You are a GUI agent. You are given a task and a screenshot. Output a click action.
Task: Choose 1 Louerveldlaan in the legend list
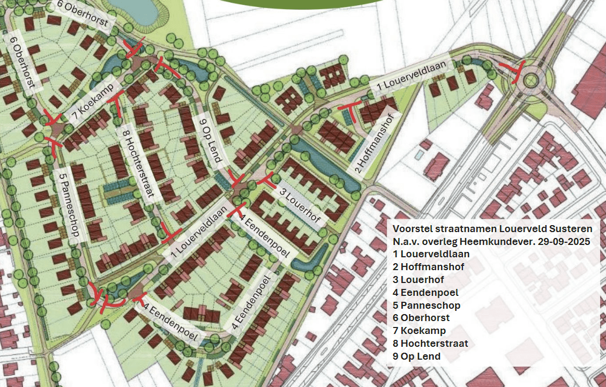[431, 254]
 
